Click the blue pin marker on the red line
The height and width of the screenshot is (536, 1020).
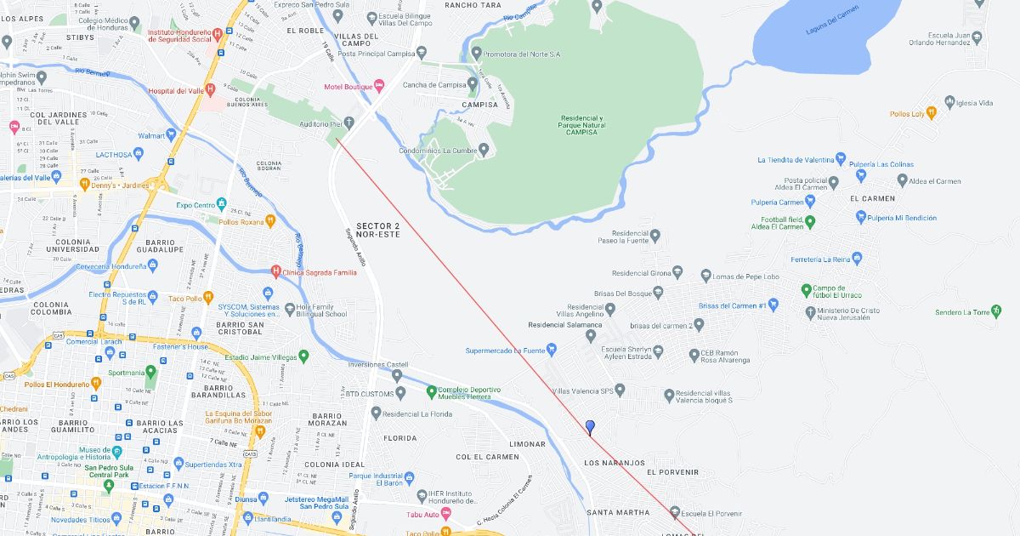(590, 427)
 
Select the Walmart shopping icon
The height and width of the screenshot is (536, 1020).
(171, 134)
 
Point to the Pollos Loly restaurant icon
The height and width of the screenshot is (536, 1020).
(932, 112)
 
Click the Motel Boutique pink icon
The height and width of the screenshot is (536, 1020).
(379, 86)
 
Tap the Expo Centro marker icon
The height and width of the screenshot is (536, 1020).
(221, 204)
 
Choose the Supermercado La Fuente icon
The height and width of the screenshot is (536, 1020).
(552, 349)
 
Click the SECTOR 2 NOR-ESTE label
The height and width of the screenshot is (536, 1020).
(377, 229)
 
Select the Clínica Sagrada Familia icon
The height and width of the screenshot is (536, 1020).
(275, 272)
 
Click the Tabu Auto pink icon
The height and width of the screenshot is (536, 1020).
(445, 514)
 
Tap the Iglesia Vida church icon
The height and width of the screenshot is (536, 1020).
(949, 103)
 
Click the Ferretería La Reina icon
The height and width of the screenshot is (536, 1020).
(857, 258)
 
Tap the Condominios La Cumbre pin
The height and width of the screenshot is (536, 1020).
(484, 151)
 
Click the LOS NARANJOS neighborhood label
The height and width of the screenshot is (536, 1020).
(615, 463)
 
